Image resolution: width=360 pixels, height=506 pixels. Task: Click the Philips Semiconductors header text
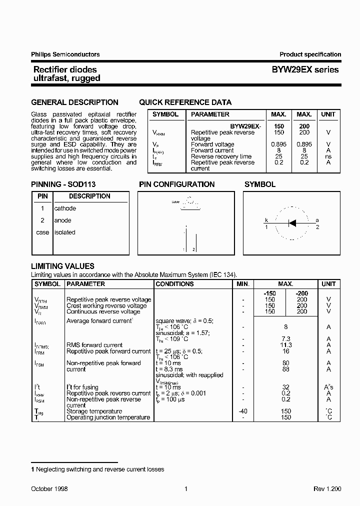pyautogui.click(x=65, y=54)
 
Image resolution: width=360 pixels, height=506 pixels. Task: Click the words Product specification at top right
pyautogui.click(x=310, y=54)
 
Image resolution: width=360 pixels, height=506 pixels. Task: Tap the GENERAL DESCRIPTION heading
pyautogui.click(x=74, y=102)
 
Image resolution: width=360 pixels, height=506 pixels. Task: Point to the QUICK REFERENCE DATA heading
pyautogui.click(x=185, y=102)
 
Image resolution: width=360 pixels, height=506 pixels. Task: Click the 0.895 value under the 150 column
pyautogui.click(x=279, y=144)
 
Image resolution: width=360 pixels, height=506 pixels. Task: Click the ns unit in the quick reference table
pyautogui.click(x=328, y=156)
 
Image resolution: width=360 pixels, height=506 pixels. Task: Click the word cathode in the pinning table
pyautogui.click(x=65, y=208)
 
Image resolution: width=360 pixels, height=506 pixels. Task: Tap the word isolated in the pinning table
pyautogui.click(x=64, y=232)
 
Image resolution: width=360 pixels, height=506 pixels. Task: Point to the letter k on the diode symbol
pyautogui.click(x=266, y=220)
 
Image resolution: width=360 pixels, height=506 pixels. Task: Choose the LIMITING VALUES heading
pyautogui.click(x=62, y=266)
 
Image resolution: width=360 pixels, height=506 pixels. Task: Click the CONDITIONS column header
pyautogui.click(x=174, y=284)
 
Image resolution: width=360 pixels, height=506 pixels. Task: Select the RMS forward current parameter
pyautogui.click(x=94, y=345)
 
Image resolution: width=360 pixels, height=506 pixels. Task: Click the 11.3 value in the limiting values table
pyautogui.click(x=286, y=345)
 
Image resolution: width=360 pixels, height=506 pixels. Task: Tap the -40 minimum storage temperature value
pyautogui.click(x=242, y=411)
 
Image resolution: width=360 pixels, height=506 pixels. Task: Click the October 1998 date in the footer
pyautogui.click(x=49, y=489)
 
